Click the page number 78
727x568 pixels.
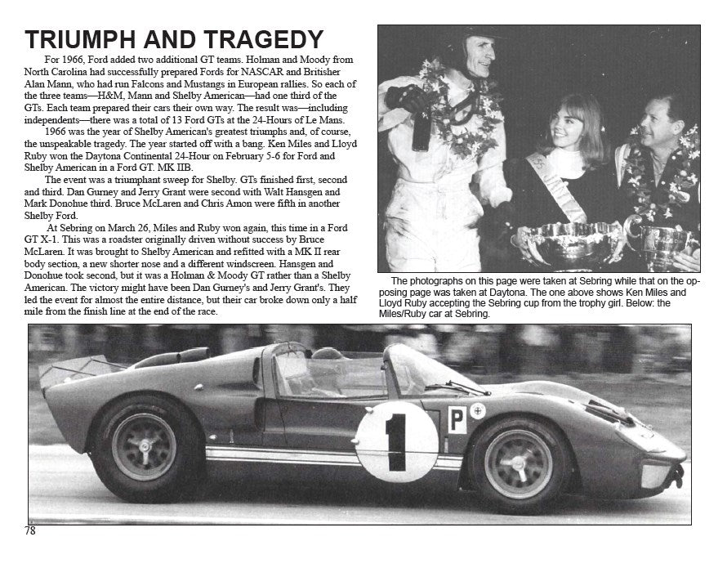tap(30, 530)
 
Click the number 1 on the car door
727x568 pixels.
tap(397, 442)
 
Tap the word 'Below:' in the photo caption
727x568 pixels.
tap(628, 302)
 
